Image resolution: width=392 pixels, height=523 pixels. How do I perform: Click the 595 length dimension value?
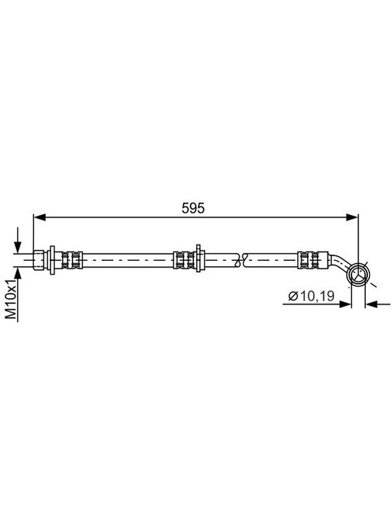pos(193,208)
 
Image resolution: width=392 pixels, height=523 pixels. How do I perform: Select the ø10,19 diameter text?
pos(311,296)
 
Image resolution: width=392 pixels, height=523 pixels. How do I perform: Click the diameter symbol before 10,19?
pos(293,296)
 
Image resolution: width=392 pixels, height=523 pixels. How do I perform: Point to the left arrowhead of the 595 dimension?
pos(40,218)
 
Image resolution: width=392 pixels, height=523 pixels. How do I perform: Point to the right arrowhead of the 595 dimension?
pos(352,218)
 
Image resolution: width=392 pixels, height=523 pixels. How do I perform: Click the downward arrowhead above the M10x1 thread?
pos(18,247)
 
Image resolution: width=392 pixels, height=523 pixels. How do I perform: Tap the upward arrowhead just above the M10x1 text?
pos(18,273)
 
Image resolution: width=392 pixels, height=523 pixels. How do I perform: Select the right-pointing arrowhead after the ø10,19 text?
pos(346,304)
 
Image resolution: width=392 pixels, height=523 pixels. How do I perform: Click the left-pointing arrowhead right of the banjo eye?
pos(371,304)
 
